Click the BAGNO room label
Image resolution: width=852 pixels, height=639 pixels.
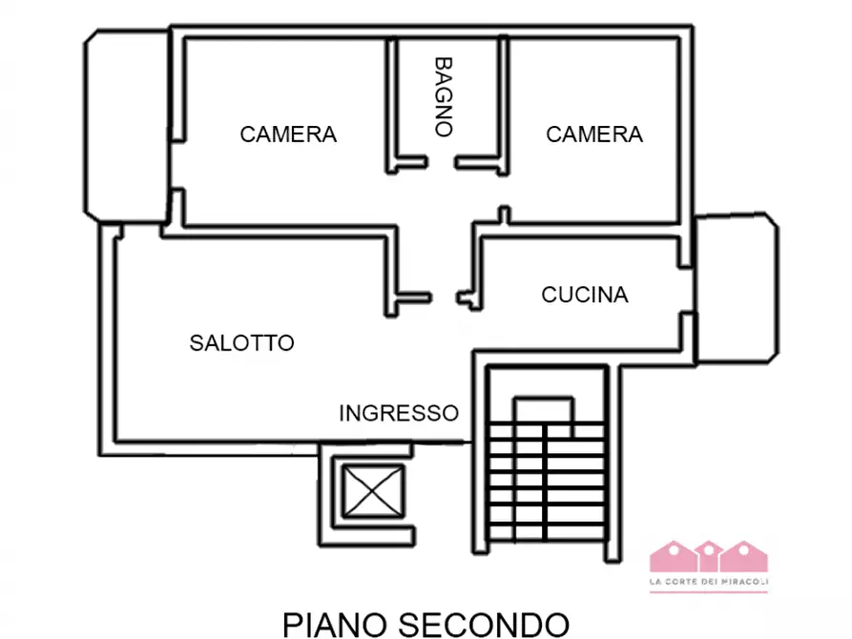point(443,96)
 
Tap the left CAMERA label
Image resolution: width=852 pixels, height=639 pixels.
point(288,134)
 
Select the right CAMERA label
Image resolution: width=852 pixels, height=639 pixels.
point(593,134)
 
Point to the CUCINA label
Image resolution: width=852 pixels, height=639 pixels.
point(585,295)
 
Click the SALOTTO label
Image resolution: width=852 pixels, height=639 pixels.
point(241,342)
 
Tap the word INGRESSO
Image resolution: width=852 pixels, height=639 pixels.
point(399,413)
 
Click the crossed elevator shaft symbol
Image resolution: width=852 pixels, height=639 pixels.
point(369,492)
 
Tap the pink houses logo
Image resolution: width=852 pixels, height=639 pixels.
point(709,557)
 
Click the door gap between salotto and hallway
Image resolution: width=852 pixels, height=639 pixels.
point(445,298)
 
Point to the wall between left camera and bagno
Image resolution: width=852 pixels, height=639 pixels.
point(390,105)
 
